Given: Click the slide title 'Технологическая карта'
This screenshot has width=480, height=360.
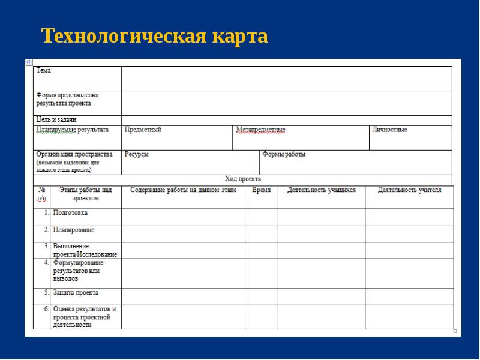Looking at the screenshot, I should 155,37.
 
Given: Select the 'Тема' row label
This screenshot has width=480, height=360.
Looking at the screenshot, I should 44,71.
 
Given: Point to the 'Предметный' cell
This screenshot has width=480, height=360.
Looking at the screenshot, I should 143,130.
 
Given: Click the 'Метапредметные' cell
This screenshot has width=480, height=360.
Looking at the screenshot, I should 260,130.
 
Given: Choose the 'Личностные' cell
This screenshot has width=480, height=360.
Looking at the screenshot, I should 389,130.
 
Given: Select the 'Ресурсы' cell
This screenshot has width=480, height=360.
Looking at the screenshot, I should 137,154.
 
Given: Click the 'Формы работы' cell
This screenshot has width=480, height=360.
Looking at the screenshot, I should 284,154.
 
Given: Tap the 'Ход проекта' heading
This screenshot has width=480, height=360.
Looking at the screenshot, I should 242,179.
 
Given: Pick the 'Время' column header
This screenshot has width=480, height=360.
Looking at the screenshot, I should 261,190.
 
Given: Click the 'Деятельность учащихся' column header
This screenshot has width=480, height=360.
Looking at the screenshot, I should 322,190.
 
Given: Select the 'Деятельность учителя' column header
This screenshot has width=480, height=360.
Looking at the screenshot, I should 409,190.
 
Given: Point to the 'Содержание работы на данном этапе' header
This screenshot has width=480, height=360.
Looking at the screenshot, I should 183,190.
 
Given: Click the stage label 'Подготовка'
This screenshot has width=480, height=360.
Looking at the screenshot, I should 70,213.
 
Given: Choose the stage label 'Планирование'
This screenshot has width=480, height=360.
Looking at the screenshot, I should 74,230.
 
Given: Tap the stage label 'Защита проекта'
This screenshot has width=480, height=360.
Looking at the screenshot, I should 76,293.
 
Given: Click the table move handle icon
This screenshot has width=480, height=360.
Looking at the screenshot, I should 28,62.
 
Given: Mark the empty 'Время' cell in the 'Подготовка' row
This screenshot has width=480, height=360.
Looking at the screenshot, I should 261,217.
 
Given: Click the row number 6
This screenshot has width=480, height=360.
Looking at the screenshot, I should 46,310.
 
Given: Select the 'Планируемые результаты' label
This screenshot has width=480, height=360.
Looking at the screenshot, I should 73,130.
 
